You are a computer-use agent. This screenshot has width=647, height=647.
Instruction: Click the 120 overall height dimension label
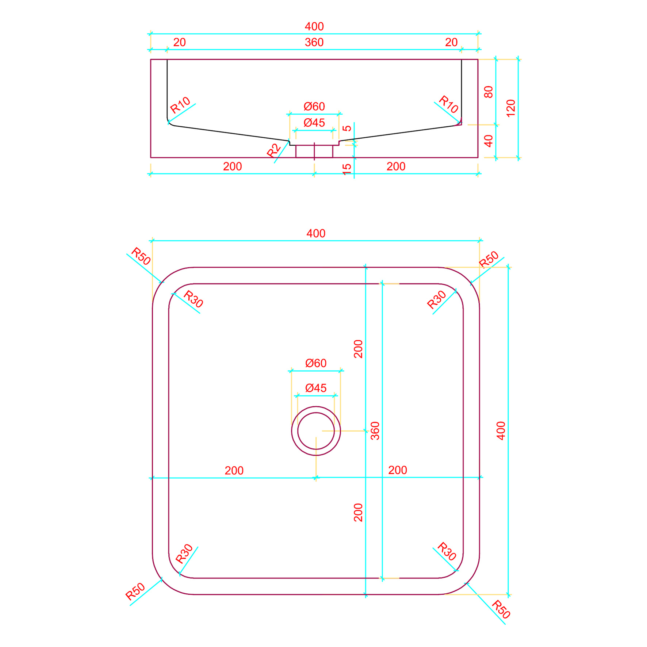coord(511,108)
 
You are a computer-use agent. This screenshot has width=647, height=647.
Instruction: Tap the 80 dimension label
coord(489,92)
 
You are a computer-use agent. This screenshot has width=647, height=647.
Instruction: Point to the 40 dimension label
coord(489,141)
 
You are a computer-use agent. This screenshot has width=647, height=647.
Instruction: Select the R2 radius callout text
coord(273,150)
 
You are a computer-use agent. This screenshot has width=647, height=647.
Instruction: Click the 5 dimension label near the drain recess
coord(347,128)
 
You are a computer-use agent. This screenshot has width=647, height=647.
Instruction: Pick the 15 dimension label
coord(347,169)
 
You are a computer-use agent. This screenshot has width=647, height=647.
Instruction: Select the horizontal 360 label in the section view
coord(314,42)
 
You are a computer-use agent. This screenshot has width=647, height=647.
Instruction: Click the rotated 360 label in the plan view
coord(375,431)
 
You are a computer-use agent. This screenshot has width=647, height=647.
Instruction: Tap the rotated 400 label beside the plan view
coord(501,431)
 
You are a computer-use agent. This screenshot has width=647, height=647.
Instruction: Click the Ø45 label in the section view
coord(314,123)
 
